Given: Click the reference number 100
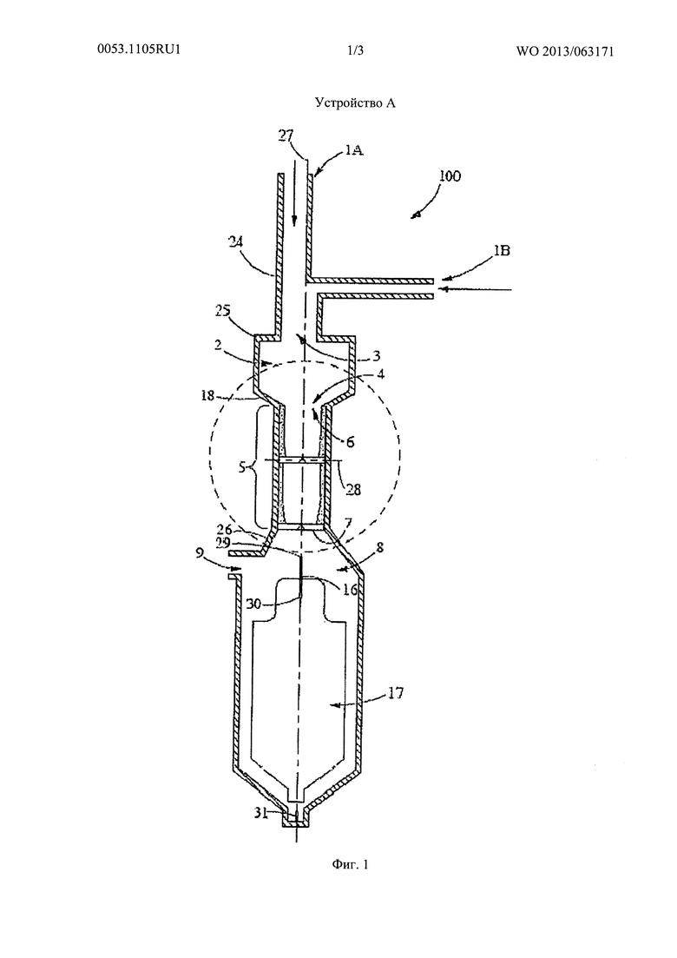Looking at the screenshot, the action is click(450, 176).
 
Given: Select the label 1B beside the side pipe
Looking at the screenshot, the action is click(503, 250).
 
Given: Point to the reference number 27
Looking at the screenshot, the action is click(286, 136).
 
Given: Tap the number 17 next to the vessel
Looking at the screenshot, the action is click(396, 693).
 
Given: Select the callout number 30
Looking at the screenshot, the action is click(255, 603).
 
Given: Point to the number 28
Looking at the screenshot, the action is click(353, 489).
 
